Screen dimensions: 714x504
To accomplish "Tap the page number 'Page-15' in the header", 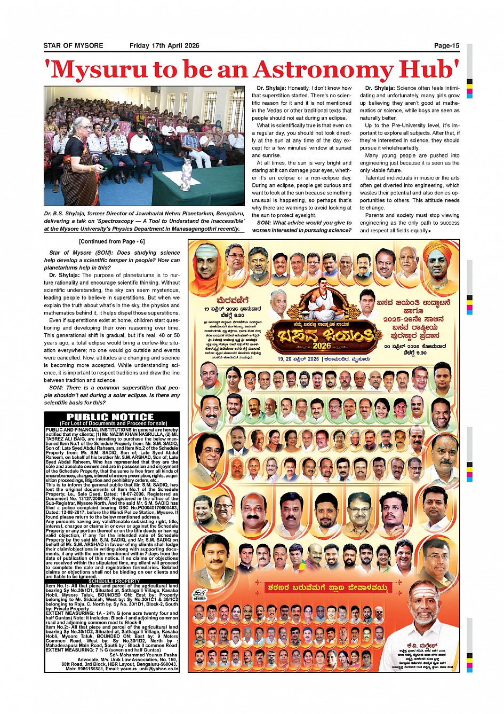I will click(446, 46).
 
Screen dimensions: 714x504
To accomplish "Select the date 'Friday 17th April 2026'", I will click(164, 46).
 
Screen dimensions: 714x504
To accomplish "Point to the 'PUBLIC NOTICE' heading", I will click(110, 417).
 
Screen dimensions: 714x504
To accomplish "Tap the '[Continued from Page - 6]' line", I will click(111, 241).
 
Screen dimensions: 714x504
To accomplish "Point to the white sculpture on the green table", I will click(186, 174).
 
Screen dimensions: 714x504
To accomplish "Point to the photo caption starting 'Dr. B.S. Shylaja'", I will click(144, 221).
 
